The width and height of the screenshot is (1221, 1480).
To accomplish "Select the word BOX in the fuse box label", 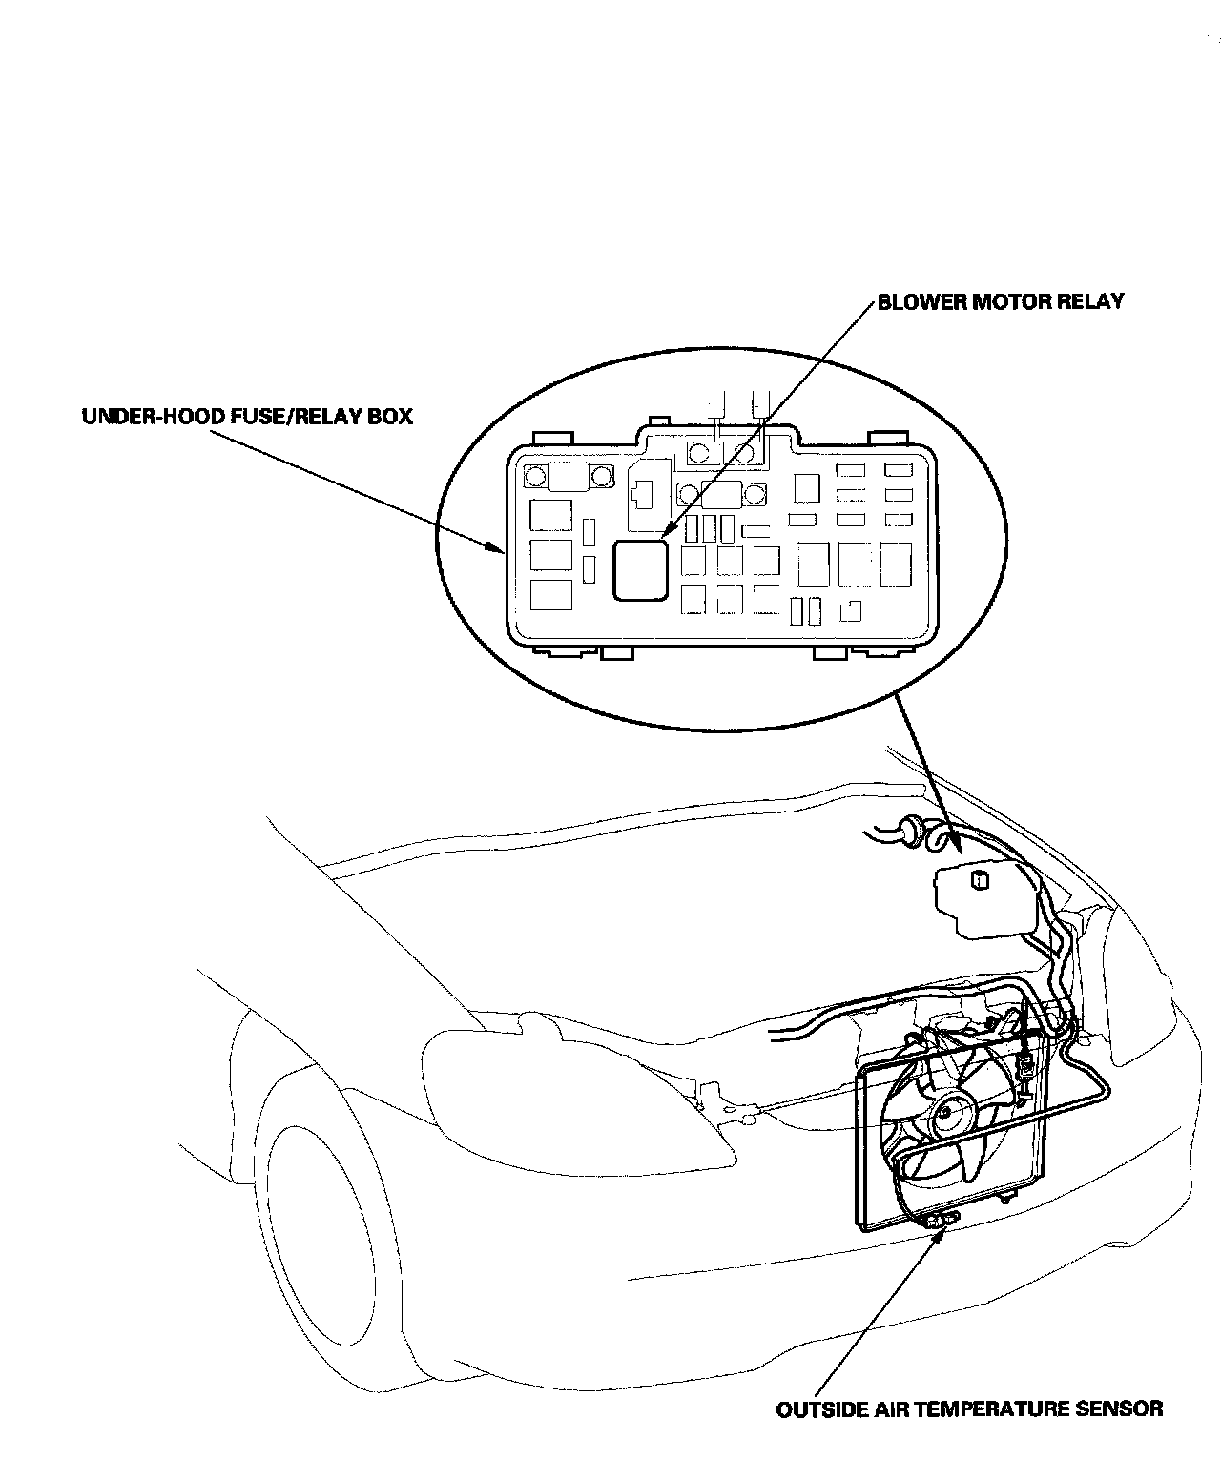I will click(x=390, y=417).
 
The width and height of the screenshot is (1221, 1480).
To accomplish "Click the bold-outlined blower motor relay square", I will click(x=640, y=570).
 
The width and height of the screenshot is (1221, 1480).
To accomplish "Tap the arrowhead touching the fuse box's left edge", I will click(x=497, y=549).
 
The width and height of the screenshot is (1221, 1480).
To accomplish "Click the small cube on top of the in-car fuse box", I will click(x=977, y=879).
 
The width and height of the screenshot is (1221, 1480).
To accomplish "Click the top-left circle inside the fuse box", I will click(x=535, y=477).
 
